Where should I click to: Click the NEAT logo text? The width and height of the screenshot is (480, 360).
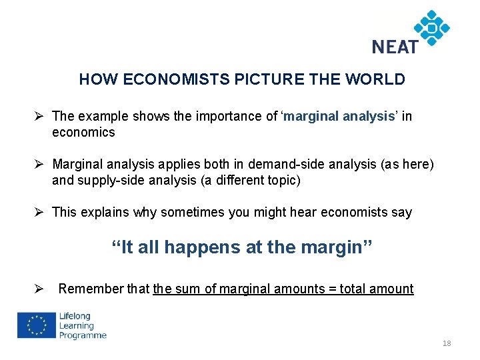pos(395,47)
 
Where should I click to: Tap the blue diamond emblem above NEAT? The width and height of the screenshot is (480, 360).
pos(431,27)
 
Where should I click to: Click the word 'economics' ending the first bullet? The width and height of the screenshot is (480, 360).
pos(83,133)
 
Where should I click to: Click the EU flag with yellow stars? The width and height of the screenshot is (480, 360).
pos(37,326)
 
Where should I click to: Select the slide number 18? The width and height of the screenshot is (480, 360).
pos(447,343)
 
